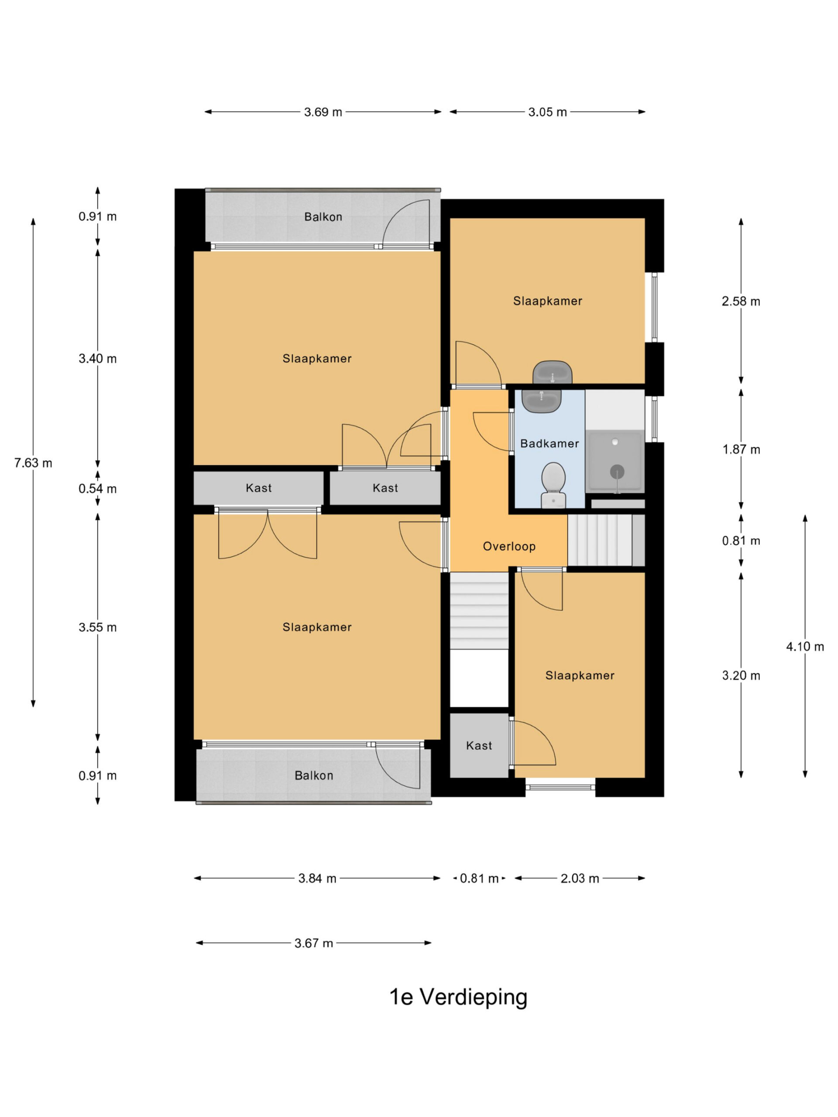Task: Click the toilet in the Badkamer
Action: [553, 485]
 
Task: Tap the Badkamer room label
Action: [550, 443]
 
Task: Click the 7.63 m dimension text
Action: [33, 463]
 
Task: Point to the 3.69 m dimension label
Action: [323, 112]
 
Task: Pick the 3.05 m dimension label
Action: [548, 112]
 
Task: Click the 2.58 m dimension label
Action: [741, 302]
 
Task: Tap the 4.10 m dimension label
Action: [805, 646]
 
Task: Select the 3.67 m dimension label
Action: [314, 943]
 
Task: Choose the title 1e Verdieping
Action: [458, 996]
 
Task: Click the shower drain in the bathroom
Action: [617, 472]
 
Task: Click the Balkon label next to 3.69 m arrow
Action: [323, 216]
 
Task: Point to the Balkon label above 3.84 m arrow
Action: [314, 775]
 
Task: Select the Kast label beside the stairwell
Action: [479, 745]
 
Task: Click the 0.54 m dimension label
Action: [97, 488]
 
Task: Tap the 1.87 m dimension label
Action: [741, 449]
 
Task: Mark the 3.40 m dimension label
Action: [97, 359]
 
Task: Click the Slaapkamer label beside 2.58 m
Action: [548, 301]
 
